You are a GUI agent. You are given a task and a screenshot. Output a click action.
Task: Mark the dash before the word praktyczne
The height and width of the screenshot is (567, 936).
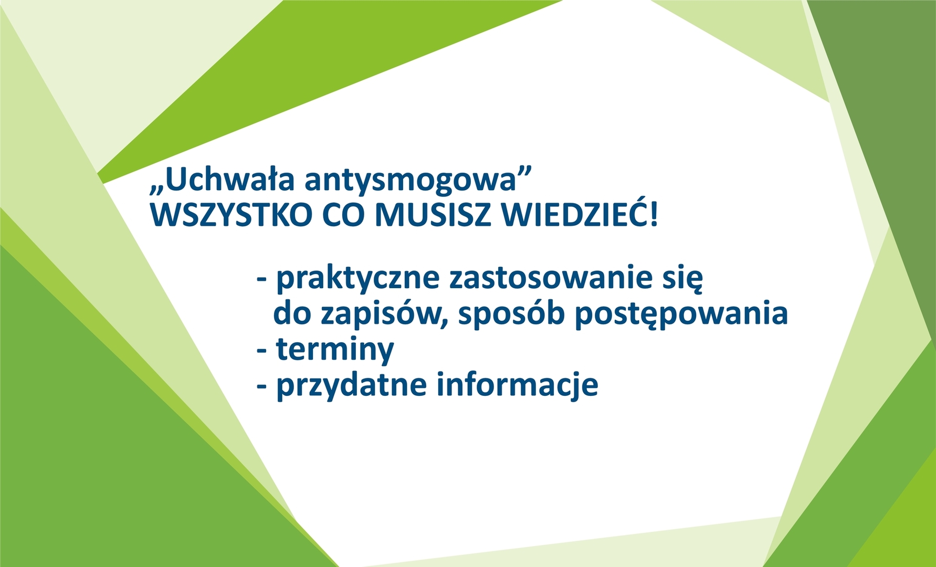point(262,280)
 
